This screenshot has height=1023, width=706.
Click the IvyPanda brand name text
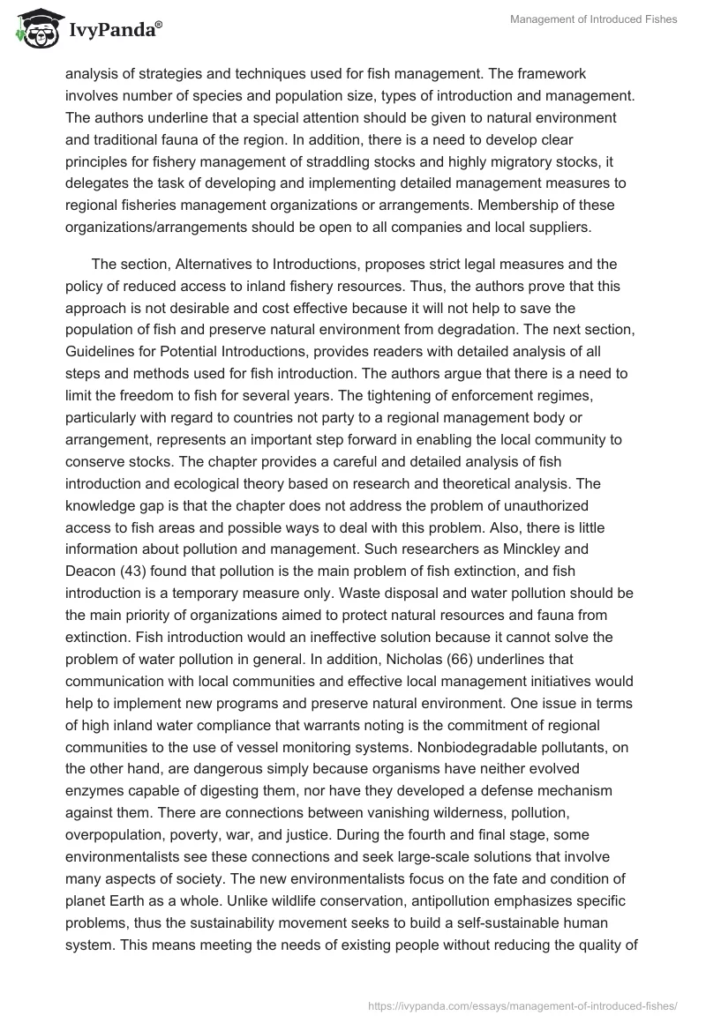[x=111, y=30]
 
